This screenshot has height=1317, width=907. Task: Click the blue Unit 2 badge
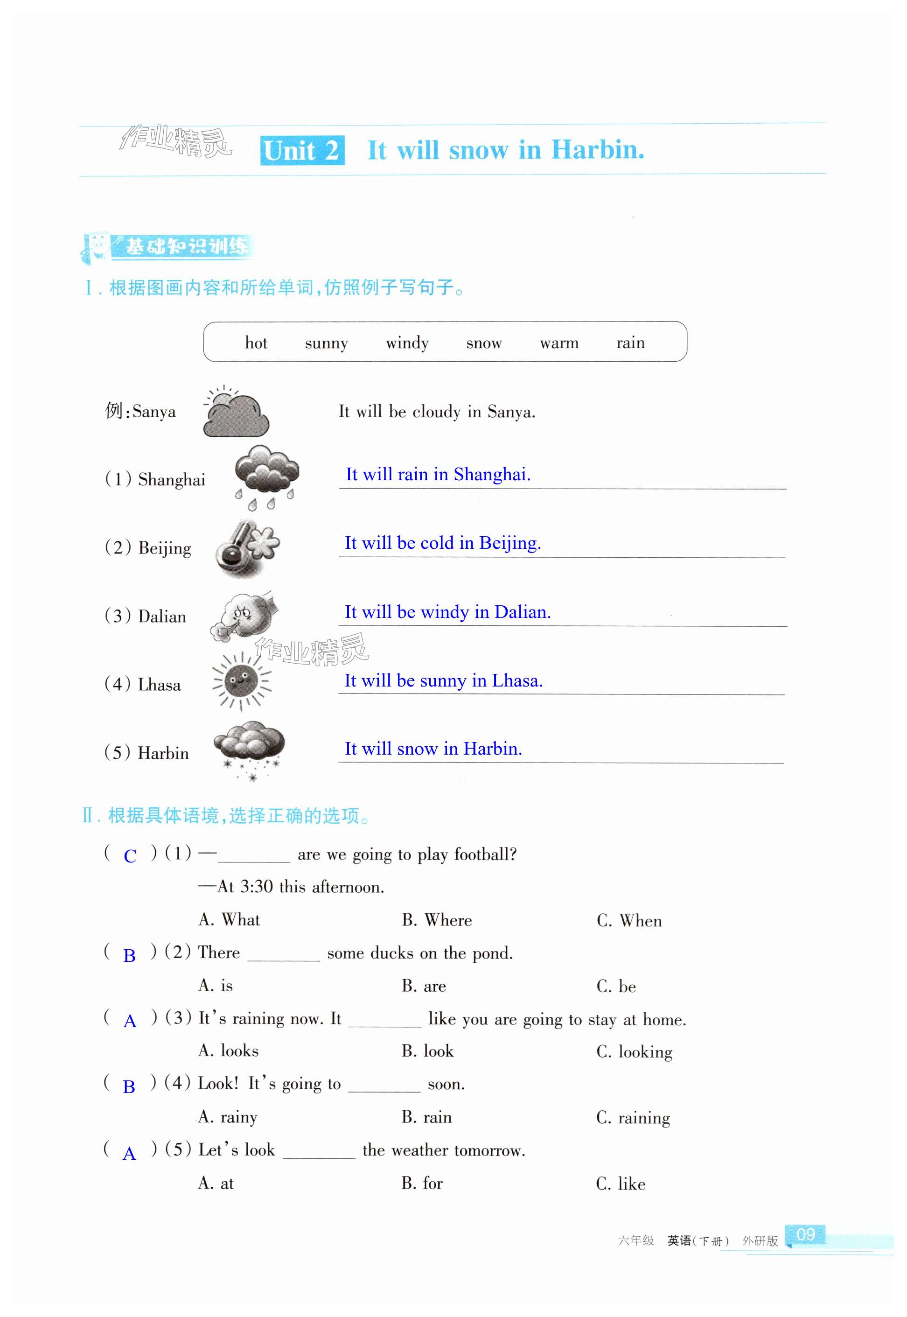(x=302, y=151)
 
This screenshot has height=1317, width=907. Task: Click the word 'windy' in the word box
(x=407, y=343)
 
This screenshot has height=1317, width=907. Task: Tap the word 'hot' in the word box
(x=256, y=343)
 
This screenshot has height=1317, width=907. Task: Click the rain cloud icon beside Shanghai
(x=266, y=476)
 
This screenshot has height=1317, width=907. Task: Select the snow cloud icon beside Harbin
(x=249, y=749)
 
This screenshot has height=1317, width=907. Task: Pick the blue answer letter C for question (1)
(x=130, y=856)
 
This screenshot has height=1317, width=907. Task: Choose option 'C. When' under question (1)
(x=629, y=920)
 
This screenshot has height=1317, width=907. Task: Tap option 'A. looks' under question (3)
(x=228, y=1051)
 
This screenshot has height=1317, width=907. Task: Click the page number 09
(x=805, y=1234)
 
